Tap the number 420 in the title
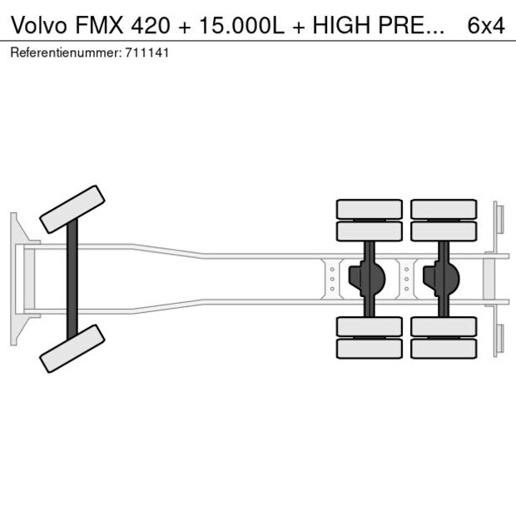point(148,25)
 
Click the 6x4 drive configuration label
point(486,25)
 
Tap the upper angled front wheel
point(72,208)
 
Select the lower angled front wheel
point(72,348)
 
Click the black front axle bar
point(72,278)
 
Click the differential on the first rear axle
point(369,278)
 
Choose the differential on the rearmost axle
point(443,278)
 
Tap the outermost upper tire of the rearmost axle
point(443,208)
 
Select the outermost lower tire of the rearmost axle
point(443,348)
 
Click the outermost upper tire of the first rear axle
point(369,208)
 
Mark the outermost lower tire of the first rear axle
point(369,348)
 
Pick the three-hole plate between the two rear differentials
point(406,278)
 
